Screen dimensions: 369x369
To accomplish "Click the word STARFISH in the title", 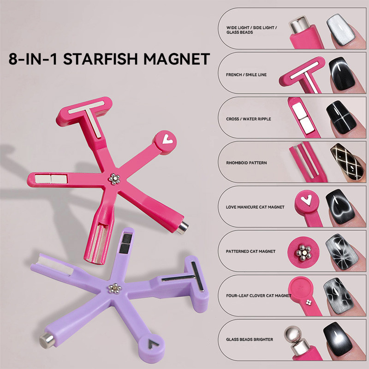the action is point(100,59).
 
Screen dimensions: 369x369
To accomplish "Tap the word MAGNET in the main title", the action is point(177,59).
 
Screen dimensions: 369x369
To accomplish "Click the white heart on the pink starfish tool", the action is point(167,139).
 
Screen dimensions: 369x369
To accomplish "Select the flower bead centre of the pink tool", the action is point(114,179).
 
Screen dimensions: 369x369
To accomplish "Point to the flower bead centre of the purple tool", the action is point(114,289).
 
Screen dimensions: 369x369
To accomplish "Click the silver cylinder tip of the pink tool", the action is point(183,228).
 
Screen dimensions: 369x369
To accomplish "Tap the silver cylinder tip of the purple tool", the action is point(47,340).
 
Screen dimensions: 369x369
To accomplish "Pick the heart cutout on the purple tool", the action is point(153,344).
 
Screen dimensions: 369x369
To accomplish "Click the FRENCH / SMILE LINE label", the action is point(246,75).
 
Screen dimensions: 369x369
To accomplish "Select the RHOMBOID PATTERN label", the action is point(246,163).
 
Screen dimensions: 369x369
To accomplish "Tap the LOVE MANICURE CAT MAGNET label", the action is point(255,207).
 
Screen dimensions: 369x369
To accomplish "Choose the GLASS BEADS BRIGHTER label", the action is point(250,339).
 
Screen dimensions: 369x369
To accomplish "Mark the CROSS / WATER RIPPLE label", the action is point(249,119).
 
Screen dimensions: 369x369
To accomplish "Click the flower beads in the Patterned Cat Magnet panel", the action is point(304,253).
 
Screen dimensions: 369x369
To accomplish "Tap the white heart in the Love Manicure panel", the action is point(306,200).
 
